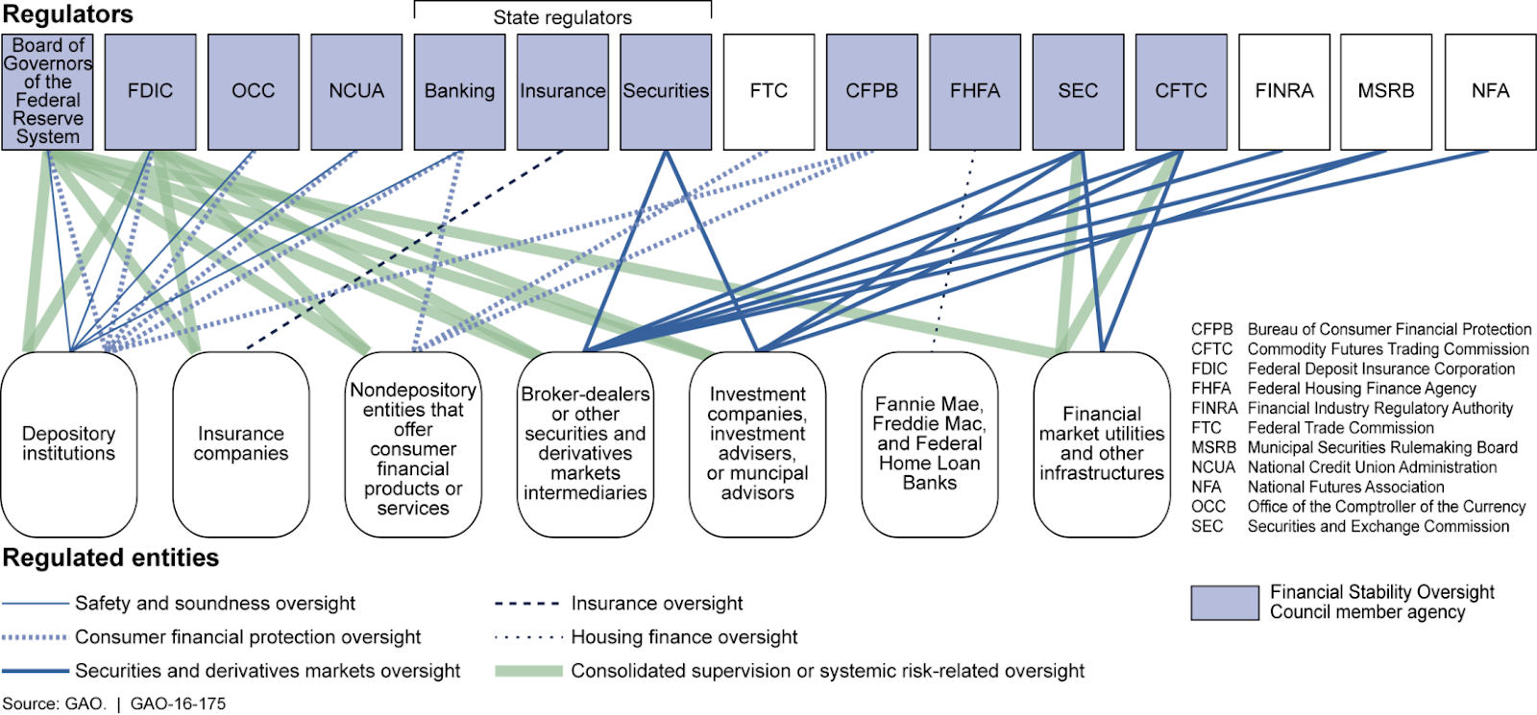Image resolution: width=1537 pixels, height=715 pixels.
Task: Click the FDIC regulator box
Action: tap(150, 92)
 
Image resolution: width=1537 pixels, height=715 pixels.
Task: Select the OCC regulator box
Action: tap(254, 92)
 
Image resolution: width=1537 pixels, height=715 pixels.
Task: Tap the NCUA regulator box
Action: tap(356, 92)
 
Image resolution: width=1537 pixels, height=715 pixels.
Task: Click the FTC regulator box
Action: tap(768, 92)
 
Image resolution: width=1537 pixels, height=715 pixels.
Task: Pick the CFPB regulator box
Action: tap(871, 92)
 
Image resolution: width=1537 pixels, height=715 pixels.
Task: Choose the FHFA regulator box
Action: tap(975, 92)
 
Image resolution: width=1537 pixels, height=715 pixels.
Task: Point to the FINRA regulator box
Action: tap(1283, 92)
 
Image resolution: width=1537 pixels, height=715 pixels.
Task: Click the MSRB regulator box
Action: tap(1386, 92)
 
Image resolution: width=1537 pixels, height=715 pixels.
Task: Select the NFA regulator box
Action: tap(1490, 92)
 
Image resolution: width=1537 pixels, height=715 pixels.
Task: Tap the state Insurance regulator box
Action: tap(563, 92)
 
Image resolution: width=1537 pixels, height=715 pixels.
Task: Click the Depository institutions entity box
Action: tap(68, 444)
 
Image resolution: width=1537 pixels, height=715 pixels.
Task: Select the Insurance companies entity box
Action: tap(241, 444)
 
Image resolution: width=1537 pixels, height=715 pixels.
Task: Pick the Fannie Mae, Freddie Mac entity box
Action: tap(930, 444)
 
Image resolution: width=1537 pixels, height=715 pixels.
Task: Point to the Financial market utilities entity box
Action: tap(1102, 444)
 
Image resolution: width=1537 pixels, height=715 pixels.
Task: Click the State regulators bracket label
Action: tap(563, 18)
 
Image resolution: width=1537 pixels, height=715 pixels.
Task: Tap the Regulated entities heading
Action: tap(110, 558)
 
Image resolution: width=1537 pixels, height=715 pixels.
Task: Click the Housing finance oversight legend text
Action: tap(684, 637)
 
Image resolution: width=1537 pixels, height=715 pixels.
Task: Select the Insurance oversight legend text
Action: tap(657, 604)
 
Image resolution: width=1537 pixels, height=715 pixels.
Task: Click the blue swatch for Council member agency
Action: tap(1225, 603)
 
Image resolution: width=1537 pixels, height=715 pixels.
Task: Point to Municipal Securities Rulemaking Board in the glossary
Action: tap(1382, 447)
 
